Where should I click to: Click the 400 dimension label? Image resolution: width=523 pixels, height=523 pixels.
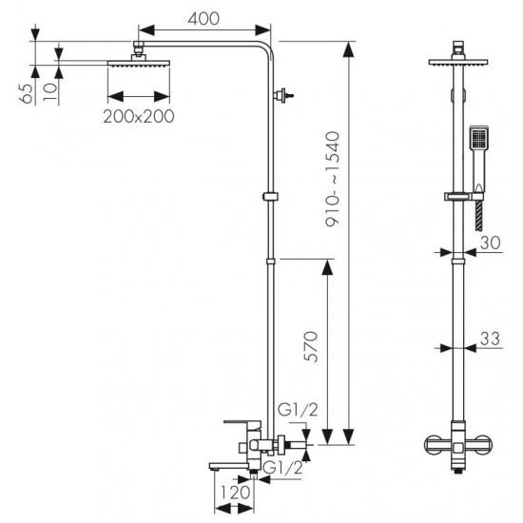point(203,19)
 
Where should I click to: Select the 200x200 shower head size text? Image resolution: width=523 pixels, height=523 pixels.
point(139,116)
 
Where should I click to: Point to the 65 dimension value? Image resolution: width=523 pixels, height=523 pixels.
point(27,94)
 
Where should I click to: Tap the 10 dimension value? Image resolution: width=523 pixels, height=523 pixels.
point(50,92)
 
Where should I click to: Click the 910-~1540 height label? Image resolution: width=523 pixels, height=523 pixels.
point(333,180)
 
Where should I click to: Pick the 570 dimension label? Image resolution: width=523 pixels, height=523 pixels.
point(311,346)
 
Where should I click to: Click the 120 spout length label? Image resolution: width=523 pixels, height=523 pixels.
point(236,493)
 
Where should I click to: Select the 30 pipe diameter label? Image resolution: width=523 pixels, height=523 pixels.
point(491,242)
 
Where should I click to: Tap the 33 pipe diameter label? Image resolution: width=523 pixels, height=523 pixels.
point(490,339)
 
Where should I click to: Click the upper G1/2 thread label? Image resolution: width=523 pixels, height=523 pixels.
point(298,410)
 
